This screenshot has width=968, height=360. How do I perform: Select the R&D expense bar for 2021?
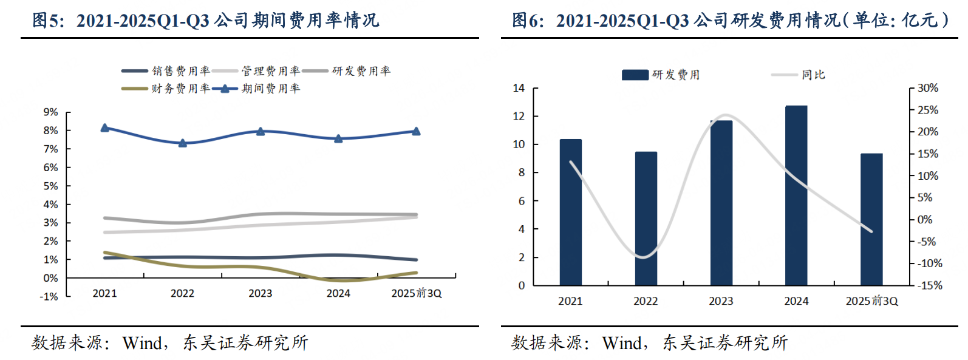pos(570,212)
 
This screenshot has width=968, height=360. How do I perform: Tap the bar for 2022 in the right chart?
pos(646,219)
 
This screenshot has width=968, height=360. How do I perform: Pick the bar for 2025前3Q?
pos(871,219)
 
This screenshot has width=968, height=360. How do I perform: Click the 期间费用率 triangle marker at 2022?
pos(182,143)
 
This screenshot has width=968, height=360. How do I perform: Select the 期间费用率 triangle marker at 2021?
pos(104,127)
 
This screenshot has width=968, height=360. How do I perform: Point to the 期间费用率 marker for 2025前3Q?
pos(416,131)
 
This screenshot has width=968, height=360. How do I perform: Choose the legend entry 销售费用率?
pos(180,71)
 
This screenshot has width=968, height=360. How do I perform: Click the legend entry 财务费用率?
pos(180,89)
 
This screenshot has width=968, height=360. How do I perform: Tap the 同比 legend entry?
pos(813,75)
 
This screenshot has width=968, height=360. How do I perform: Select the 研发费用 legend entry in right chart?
pos(675,75)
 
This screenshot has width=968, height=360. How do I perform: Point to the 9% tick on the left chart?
pos(51,112)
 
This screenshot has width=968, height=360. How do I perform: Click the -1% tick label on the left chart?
pos(49,297)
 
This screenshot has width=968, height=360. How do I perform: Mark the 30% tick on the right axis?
pos(927,88)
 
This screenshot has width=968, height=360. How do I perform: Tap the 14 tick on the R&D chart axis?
pos(519,88)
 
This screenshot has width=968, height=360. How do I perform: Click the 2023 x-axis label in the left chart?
pos(260,293)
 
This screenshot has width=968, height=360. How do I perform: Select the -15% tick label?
pos(929,285)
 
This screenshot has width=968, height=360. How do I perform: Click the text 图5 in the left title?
pos(47,21)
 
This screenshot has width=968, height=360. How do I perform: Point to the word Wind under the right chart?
pos(623,343)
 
